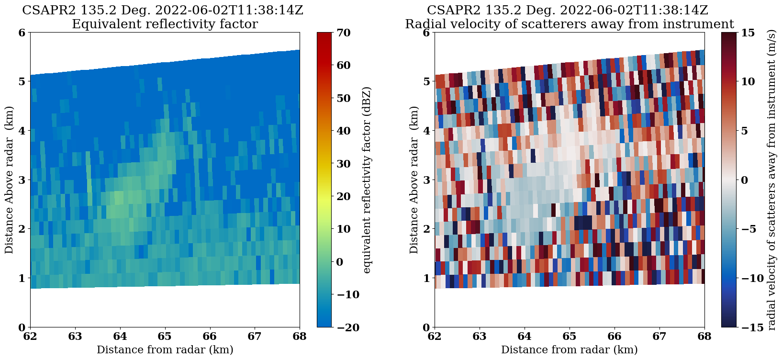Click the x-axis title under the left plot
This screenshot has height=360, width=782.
click(x=165, y=350)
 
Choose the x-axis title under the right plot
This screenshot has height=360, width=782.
click(x=570, y=350)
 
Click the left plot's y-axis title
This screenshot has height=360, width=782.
click(x=10, y=180)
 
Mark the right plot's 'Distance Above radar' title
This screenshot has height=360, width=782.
click(x=414, y=180)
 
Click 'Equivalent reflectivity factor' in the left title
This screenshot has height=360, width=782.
click(x=165, y=24)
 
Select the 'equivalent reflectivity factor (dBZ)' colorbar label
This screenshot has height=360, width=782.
click(x=367, y=180)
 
